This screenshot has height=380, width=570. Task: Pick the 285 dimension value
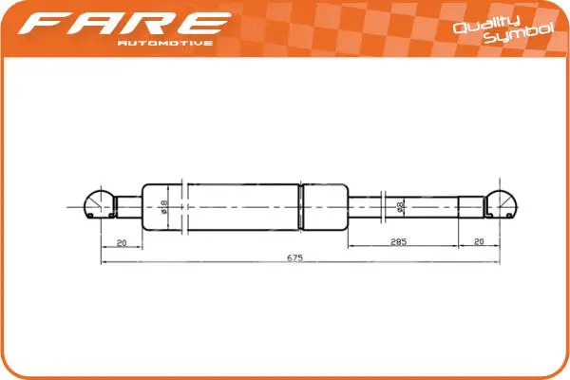coord(400,242)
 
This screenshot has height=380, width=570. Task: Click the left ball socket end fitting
coord(95,204)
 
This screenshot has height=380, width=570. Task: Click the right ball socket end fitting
coord(504,204)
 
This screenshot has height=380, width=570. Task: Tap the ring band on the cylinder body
coord(301,205)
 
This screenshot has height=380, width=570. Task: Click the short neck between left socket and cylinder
coord(127,204)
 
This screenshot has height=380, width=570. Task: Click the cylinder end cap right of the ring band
coord(325,205)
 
